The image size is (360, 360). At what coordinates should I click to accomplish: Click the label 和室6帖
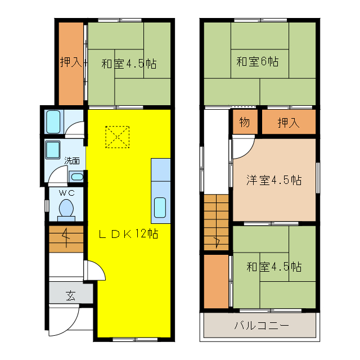(x=257, y=61)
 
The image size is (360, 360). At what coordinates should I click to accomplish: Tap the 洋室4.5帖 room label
(x=273, y=181)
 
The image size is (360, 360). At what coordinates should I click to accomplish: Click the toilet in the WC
(x=66, y=209)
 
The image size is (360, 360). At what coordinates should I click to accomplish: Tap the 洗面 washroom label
(x=71, y=160)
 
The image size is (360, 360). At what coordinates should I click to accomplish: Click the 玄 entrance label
(x=70, y=295)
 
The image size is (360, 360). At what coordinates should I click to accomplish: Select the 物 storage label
(x=244, y=122)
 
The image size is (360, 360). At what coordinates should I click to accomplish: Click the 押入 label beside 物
(x=288, y=122)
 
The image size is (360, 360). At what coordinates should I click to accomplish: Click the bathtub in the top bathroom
(x=53, y=121)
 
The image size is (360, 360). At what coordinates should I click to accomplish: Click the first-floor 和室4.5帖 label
(x=128, y=64)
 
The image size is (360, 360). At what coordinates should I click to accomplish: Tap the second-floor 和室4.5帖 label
(x=273, y=267)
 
